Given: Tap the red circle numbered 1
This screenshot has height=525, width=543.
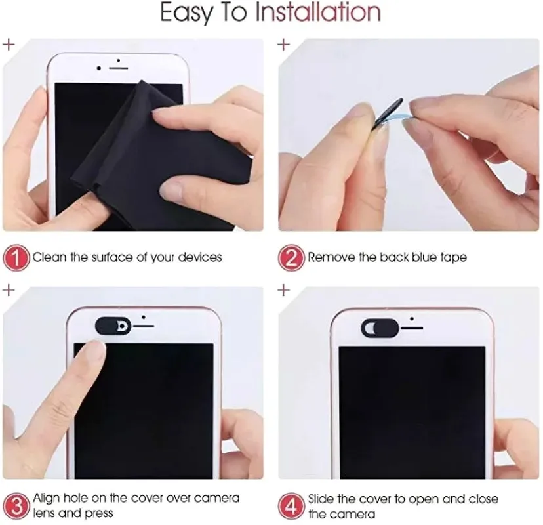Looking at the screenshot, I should tap(16, 257).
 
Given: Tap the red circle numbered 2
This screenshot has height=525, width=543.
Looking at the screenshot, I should tap(292, 257).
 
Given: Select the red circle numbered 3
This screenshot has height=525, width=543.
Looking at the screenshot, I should tap(16, 505).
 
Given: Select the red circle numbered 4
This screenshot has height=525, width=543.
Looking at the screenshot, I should tap(292, 505).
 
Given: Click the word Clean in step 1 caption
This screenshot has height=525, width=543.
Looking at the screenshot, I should tap(50, 257).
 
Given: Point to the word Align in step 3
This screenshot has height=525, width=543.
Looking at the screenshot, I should tap(47, 499).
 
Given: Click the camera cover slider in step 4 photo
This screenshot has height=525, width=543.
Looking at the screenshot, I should tap(380, 325).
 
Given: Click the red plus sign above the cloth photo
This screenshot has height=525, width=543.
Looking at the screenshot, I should tap(9, 45).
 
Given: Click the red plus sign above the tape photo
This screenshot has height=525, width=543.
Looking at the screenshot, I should tap(284, 45).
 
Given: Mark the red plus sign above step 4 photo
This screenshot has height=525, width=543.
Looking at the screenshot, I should tap(284, 289).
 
